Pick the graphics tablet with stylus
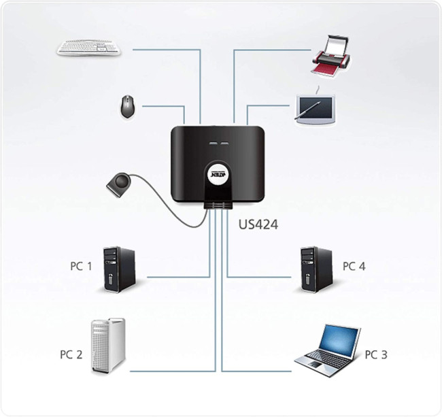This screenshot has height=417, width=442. pyautogui.click(x=314, y=109)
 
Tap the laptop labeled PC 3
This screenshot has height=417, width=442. pyautogui.click(x=328, y=347)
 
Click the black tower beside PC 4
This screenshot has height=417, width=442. pyautogui.click(x=316, y=269)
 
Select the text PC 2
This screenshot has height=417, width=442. pyautogui.click(x=71, y=354)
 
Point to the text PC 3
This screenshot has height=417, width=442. pyautogui.click(x=375, y=354)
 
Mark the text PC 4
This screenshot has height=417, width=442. pyautogui.click(x=354, y=266)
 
